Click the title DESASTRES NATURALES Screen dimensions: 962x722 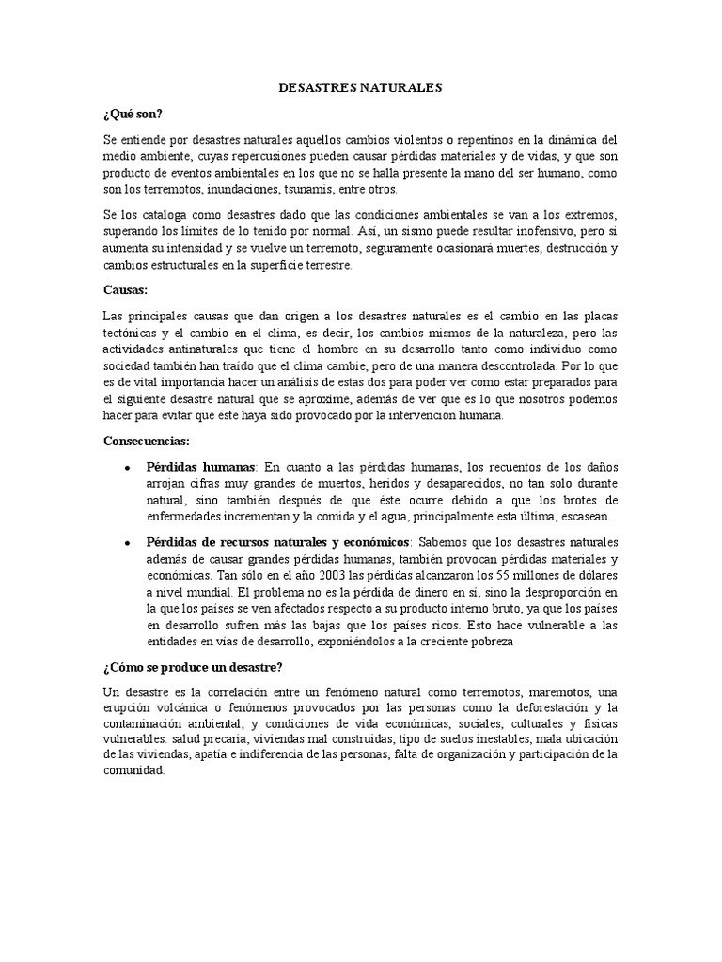(x=360, y=87)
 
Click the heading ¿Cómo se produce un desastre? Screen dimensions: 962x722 (x=193, y=667)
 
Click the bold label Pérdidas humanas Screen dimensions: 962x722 (x=200, y=466)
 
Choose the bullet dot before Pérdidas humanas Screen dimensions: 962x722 (x=127, y=467)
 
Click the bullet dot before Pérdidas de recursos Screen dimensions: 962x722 (x=127, y=543)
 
